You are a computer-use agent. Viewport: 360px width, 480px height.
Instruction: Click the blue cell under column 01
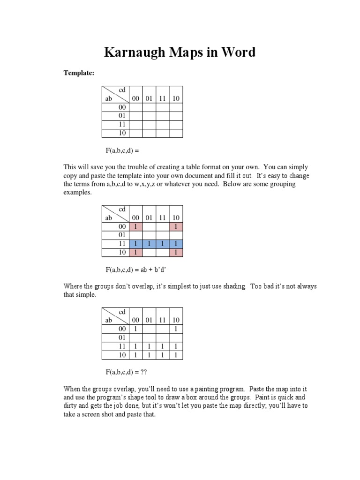point(149,244)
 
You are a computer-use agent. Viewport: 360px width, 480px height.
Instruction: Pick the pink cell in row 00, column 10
point(176,227)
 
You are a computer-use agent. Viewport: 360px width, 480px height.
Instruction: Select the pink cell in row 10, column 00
point(135,252)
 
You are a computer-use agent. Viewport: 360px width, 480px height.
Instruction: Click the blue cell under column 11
point(162,244)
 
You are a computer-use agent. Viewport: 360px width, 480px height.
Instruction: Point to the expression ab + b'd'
point(155,270)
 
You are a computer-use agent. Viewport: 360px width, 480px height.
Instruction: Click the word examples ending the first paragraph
point(77,193)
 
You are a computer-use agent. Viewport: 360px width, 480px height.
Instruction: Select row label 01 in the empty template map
point(122,116)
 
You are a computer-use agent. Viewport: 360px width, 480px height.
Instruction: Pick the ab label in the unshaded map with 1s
point(109,320)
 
